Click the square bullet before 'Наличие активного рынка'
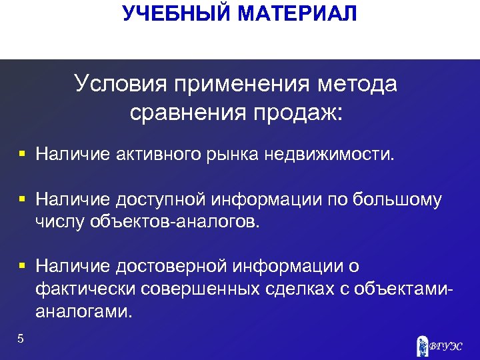[x=22, y=155]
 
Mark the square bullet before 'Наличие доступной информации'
[x=22, y=199]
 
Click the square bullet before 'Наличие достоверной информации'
[x=22, y=266]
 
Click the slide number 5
[x=21, y=339]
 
